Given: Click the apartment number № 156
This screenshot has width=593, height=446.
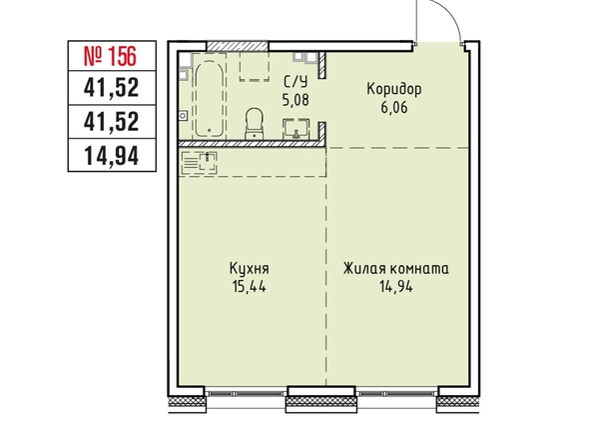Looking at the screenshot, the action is click(109, 56).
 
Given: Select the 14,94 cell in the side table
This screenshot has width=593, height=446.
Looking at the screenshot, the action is click(112, 156).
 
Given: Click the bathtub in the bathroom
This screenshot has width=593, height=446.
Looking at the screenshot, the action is click(210, 99).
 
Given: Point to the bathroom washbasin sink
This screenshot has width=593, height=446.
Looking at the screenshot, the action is click(296, 129).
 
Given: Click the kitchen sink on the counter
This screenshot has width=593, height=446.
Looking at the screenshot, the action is click(200, 163).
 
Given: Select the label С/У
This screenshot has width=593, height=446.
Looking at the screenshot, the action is click(296, 82).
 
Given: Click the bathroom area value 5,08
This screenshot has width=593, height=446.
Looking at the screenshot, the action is click(296, 100).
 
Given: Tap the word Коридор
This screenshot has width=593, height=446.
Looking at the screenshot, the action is click(394, 89).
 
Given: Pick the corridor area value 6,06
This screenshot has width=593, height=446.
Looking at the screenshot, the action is click(394, 108).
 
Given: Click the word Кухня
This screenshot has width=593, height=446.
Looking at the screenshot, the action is click(250, 269).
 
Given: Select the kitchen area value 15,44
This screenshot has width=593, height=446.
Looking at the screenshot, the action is click(250, 287).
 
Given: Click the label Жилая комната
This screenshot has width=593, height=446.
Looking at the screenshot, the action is click(396, 269).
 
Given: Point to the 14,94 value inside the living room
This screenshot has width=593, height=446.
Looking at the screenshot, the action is click(396, 287).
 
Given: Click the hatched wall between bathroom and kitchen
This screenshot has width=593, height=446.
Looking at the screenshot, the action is click(252, 144).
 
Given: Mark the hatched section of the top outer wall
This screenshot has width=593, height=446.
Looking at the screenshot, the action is click(238, 46).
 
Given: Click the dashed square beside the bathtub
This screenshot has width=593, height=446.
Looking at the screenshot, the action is click(255, 66).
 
